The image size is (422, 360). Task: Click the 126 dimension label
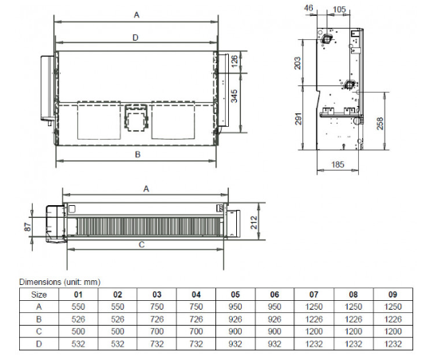pyautogui.click(x=235, y=61)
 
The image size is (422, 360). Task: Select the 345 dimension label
pyautogui.click(x=235, y=96)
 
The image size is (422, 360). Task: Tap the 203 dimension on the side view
pyautogui.click(x=298, y=63)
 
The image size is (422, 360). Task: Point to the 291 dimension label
pyautogui.click(x=298, y=119)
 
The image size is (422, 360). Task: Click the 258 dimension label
pyautogui.click(x=380, y=123)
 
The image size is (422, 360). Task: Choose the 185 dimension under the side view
pyautogui.click(x=337, y=164)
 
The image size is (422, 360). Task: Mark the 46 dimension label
pyautogui.click(x=309, y=8)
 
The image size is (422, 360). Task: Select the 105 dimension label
pyautogui.click(x=339, y=10)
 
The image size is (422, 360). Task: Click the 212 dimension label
pyautogui.click(x=254, y=223)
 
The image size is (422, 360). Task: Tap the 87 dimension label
pyautogui.click(x=27, y=227)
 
